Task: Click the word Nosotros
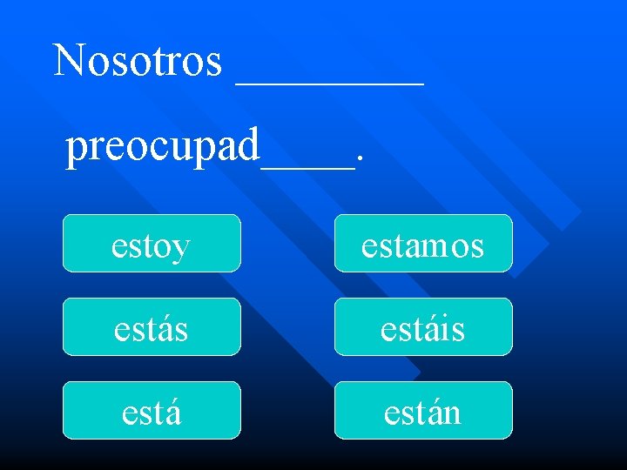pyautogui.click(x=138, y=61)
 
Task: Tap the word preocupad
pyautogui.click(x=163, y=146)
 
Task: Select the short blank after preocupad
pyautogui.click(x=308, y=165)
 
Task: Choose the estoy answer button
pyautogui.click(x=152, y=244)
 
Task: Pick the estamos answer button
pyautogui.click(x=423, y=244)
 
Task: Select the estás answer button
pyautogui.click(x=152, y=327)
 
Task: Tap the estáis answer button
pyautogui.click(x=423, y=327)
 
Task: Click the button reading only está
pyautogui.click(x=152, y=411)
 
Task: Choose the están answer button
pyautogui.click(x=423, y=411)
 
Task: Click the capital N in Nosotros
pyautogui.click(x=69, y=60)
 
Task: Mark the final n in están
pyautogui.click(x=450, y=413)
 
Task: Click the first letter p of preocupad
pyautogui.click(x=78, y=150)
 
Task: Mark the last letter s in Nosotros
pyautogui.click(x=213, y=63)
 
